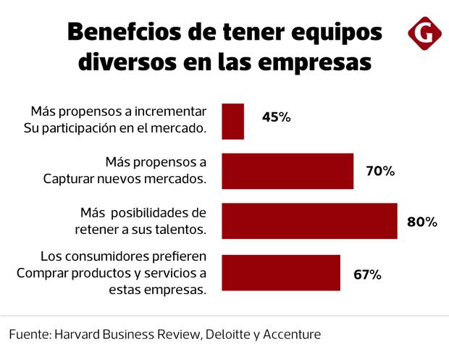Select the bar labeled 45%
coord(232,121)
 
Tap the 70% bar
coord(288,171)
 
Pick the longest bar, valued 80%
coord(309,221)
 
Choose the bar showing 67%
coord(281,272)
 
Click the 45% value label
coord(276,117)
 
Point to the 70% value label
coord(379,172)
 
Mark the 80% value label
coord(421,222)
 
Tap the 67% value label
coord(366,275)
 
